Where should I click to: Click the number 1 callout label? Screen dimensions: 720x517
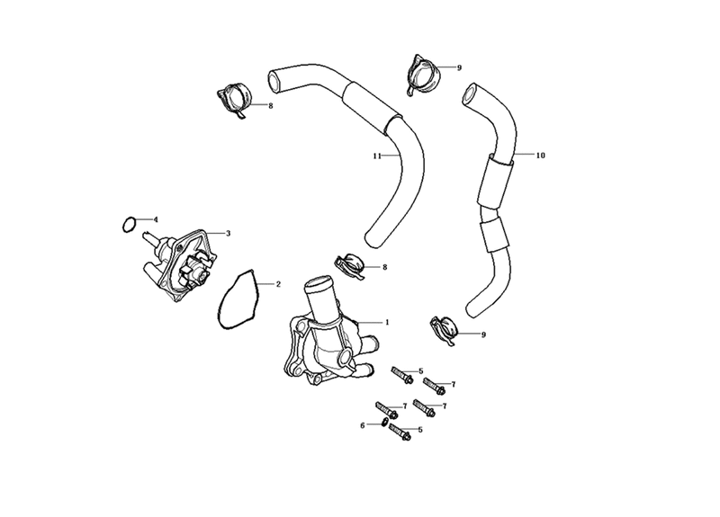coord(387,322)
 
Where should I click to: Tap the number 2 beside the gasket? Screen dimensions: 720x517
coord(278,284)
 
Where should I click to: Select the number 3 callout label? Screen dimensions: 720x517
coord(229,233)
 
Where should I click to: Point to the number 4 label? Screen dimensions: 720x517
coord(156,219)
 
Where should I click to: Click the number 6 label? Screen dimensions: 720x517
coord(363,425)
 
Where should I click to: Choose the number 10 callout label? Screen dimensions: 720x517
coord(541,155)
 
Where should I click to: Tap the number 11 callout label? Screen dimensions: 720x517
coord(377,156)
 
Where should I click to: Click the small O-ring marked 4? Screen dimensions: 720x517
coord(129,224)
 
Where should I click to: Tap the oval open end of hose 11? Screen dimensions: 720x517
coord(274,81)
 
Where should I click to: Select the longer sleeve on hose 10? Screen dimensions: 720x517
coord(495,182)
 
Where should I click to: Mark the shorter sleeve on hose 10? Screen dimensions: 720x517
coord(493,235)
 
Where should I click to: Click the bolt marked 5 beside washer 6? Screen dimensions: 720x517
coord(400,432)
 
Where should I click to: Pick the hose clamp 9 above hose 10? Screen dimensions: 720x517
coord(423,75)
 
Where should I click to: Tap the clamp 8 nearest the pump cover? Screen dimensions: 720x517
coord(350,266)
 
